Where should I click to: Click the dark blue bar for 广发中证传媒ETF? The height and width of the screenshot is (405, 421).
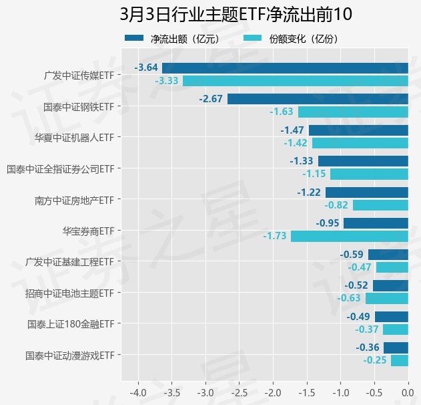285,67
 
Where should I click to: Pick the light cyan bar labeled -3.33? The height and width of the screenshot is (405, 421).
295,81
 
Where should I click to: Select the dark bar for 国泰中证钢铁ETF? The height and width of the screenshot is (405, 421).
318,99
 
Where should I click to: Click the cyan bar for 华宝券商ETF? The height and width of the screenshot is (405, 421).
349,236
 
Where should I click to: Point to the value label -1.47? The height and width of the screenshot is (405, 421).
292,130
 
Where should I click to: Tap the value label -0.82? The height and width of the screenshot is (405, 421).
337,205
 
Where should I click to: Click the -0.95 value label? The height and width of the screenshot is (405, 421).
328,223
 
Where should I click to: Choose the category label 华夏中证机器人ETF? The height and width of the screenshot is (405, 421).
75,137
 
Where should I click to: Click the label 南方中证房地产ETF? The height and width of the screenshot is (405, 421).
75,199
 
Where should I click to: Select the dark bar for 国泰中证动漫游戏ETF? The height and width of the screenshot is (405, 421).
396,348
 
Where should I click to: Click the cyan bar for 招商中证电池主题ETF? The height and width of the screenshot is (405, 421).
386,298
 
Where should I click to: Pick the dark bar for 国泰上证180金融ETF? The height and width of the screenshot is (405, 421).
391,317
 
